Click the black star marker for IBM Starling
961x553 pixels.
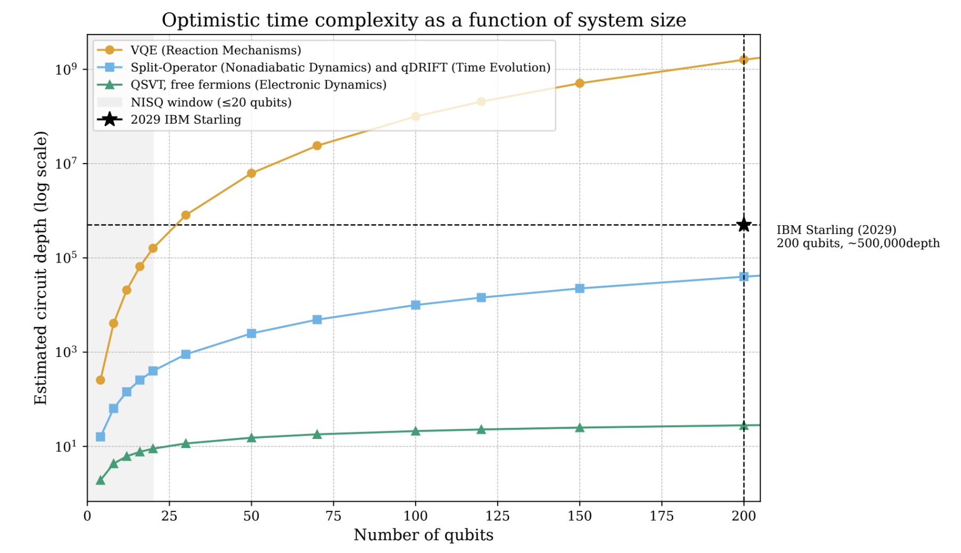pyautogui.click(x=744, y=225)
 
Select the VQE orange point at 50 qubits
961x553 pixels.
pyautogui.click(x=251, y=173)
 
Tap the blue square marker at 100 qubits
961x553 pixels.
pyautogui.click(x=416, y=305)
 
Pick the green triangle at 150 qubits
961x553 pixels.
pyautogui.click(x=580, y=427)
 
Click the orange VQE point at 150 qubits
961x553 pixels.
pyautogui.click(x=580, y=83)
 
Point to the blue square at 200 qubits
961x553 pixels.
pyautogui.click(x=744, y=276)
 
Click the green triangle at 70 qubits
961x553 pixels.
pyautogui.click(x=317, y=434)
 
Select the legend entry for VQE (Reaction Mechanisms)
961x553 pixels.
pyautogui.click(x=215, y=50)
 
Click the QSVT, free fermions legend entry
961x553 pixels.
pyautogui.click(x=258, y=85)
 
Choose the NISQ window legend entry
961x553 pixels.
pyautogui.click(x=211, y=102)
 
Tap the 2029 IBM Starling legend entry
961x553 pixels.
pyautogui.click(x=186, y=119)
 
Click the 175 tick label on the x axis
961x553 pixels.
pyautogui.click(x=662, y=516)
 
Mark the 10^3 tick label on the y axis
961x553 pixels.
pyautogui.click(x=66, y=351)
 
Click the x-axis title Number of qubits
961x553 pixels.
pyautogui.click(x=424, y=535)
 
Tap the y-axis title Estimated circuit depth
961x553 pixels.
pyautogui.click(x=40, y=267)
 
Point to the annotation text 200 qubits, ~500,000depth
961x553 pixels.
pyautogui.click(x=858, y=243)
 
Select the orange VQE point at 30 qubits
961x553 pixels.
pyautogui.click(x=185, y=215)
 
